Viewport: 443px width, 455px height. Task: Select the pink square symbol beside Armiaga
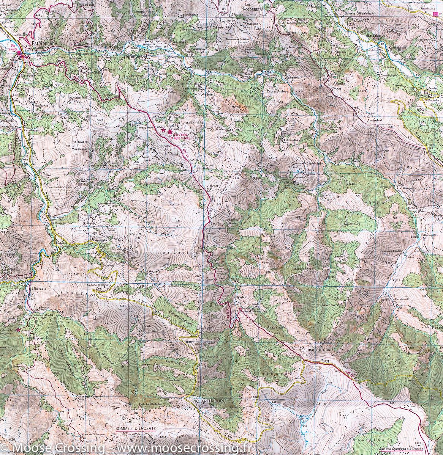coord(435,14)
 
